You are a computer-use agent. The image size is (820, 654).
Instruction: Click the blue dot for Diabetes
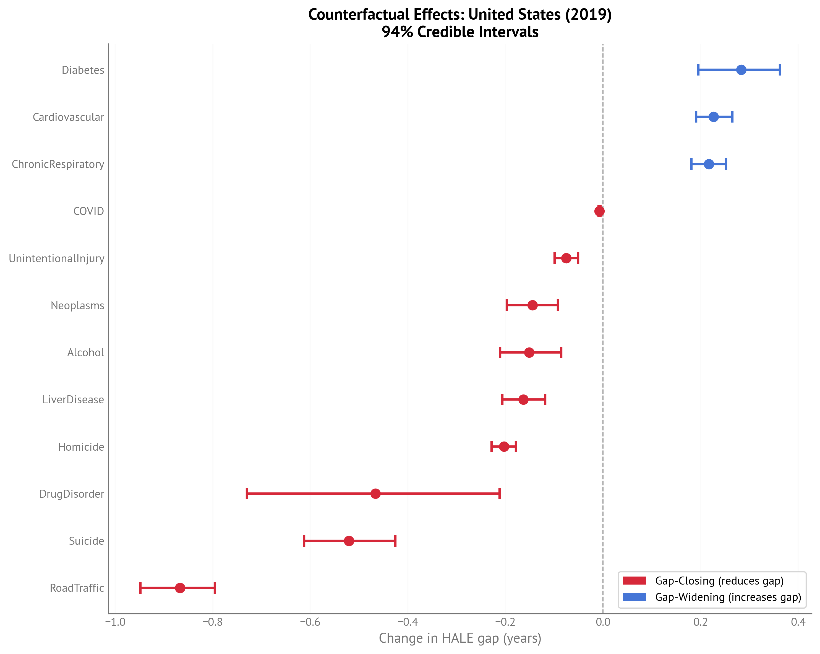click(x=741, y=70)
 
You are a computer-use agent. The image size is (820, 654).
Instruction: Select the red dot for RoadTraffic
click(x=180, y=588)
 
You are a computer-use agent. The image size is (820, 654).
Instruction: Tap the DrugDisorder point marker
click(x=375, y=494)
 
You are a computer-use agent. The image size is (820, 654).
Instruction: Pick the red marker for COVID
click(x=599, y=211)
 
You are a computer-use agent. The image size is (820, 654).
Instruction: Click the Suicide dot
click(x=349, y=541)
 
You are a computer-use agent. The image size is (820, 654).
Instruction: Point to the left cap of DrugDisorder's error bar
click(x=247, y=494)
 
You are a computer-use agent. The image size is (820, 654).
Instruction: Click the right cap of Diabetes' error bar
click(x=780, y=70)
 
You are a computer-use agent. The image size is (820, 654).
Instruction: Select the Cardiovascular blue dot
click(x=714, y=117)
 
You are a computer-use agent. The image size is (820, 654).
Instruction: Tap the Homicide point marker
click(x=504, y=447)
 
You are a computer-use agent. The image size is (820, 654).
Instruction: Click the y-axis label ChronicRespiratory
click(x=58, y=164)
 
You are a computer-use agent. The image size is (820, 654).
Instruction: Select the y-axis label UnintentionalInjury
click(x=56, y=258)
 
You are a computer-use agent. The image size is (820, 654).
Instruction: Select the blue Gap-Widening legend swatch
click(x=634, y=597)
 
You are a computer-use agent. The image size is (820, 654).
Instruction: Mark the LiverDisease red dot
click(x=523, y=400)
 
